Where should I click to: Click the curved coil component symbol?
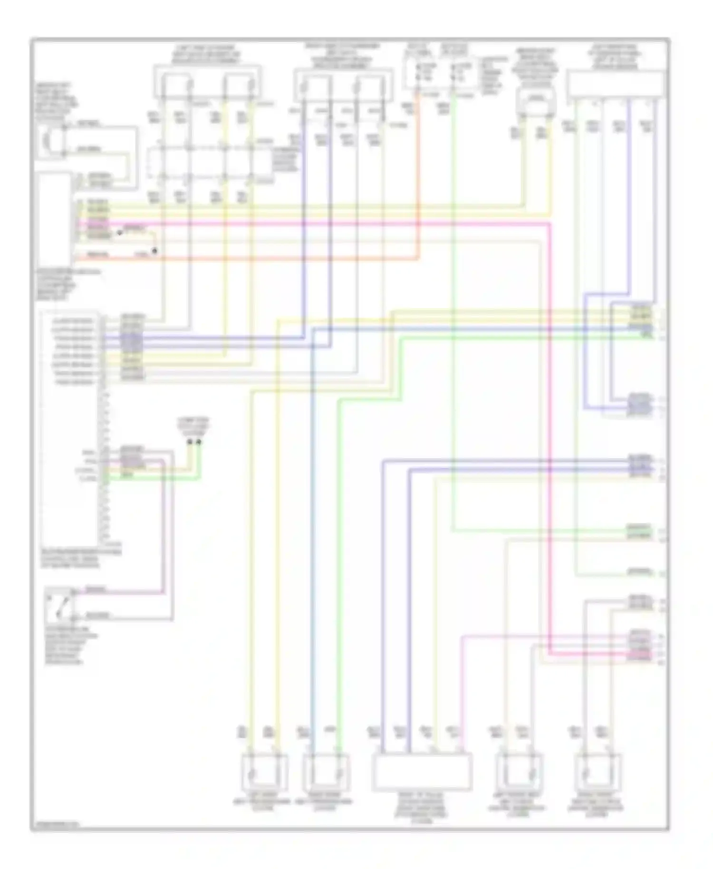tap(48, 139)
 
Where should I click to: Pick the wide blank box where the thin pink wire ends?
tap(422, 771)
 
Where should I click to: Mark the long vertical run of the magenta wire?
tap(550, 428)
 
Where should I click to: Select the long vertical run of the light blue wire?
tap(312, 523)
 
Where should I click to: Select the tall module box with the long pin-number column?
tap(70, 428)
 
